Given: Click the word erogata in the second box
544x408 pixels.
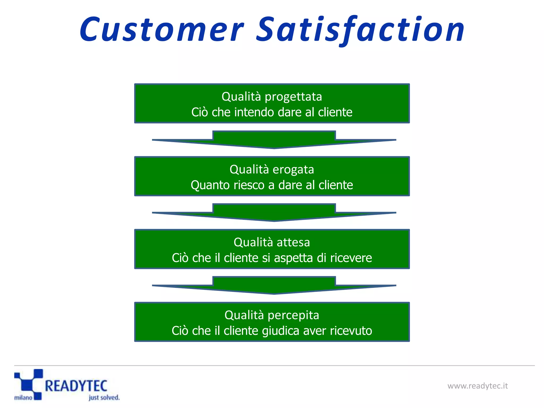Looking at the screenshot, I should pos(293,169).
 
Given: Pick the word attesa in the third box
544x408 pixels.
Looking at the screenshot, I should pos(293,242).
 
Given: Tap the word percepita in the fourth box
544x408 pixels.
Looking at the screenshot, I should pos(293,315).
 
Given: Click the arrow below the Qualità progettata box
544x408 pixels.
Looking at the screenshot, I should pos(274,140).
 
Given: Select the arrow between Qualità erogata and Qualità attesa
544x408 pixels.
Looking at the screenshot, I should pos(274,213).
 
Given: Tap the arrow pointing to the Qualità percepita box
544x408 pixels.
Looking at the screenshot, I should pos(274,286).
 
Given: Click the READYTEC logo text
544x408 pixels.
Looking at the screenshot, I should pos(76,386).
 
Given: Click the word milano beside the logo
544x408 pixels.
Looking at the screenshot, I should pos(23,398).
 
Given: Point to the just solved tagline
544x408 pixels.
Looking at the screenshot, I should pos(104,398).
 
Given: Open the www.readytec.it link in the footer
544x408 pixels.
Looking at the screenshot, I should pos(477,386).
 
